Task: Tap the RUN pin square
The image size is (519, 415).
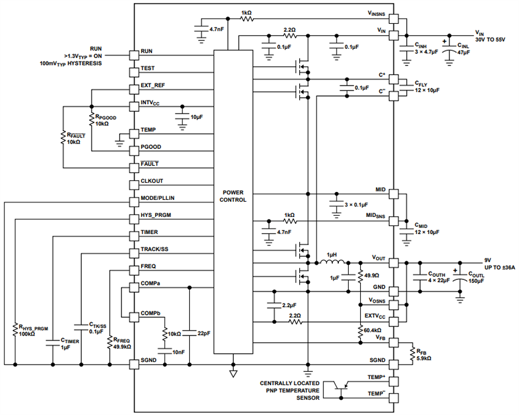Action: point(134,54)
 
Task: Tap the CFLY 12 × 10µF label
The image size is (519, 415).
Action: point(427,86)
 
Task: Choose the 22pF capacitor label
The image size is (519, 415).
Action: point(205,333)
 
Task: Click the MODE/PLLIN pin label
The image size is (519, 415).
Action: point(160,199)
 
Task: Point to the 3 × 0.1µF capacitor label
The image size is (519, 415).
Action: point(360,204)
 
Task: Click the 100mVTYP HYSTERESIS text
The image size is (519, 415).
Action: point(71,63)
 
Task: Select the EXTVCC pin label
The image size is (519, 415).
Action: point(376,315)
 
